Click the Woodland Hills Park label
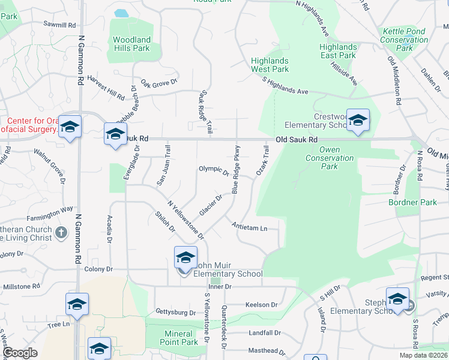click(x=131, y=44)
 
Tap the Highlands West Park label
click(x=270, y=65)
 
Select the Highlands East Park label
click(x=338, y=51)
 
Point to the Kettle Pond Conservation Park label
click(x=404, y=40)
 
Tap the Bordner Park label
click(x=412, y=202)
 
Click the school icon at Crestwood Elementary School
click(x=358, y=120)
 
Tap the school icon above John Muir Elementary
click(x=185, y=258)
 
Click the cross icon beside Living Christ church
click(x=61, y=232)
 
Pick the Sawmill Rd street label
click(x=59, y=26)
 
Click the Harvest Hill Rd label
click(x=106, y=88)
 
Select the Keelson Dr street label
click(x=261, y=305)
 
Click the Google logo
click(x=20, y=353)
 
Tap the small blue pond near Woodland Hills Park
click(x=121, y=13)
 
